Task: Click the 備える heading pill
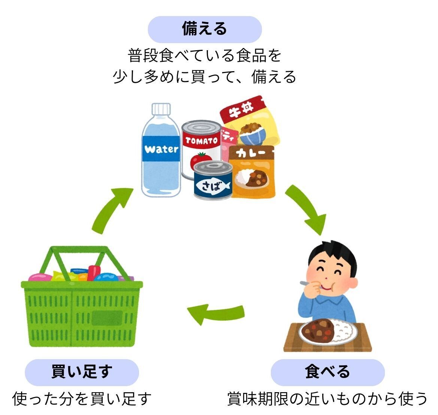205,29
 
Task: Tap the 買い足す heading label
82,372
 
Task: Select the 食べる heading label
327,372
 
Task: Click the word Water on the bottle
161,149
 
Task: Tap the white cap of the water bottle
161,109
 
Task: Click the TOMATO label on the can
201,141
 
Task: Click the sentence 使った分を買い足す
82,399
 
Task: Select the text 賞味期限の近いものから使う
327,399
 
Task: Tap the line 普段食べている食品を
205,56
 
